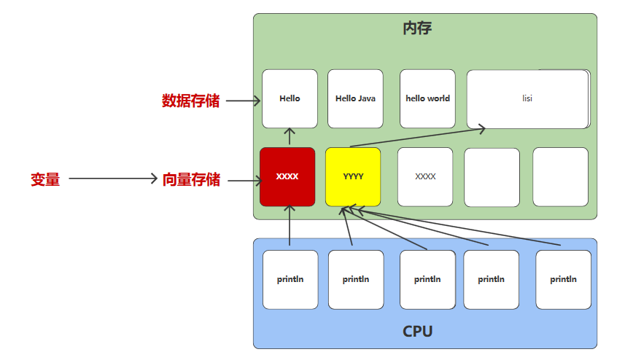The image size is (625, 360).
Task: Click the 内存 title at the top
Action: coord(417,29)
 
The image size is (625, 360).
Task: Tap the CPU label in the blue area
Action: coord(417,332)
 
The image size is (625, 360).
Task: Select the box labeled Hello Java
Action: coord(355,98)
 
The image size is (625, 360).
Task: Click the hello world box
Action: coord(427,98)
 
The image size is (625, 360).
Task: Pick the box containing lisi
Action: coord(527,98)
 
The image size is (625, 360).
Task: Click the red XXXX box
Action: coord(287,176)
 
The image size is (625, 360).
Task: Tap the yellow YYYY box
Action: coord(353,176)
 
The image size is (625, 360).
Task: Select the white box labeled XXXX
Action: coord(425,177)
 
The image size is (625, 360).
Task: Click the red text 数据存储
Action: coord(190,101)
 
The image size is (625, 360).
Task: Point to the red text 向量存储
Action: coord(191,179)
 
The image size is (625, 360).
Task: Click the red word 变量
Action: coord(45,179)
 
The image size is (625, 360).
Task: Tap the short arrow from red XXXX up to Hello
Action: coord(290,137)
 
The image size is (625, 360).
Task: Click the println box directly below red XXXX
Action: coord(290,279)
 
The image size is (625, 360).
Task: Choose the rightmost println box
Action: coord(563,279)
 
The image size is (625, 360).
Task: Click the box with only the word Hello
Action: coord(290,98)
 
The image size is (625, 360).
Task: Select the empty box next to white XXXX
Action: coord(492,177)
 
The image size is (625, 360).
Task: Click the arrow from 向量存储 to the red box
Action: coord(244,179)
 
